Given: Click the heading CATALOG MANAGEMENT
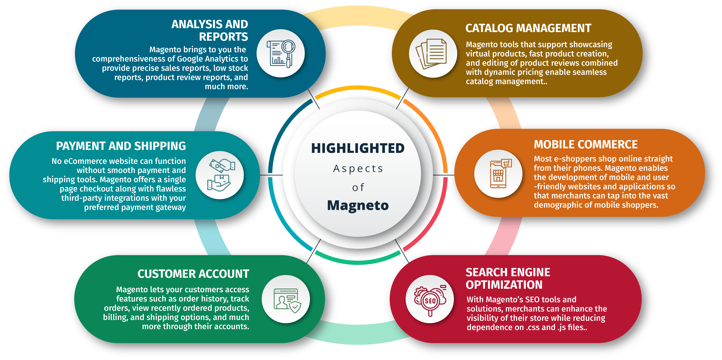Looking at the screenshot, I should (x=528, y=28).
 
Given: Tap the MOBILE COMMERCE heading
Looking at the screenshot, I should (x=586, y=145).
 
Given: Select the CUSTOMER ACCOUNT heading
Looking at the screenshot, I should (x=193, y=274).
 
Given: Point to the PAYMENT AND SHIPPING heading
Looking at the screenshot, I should (x=121, y=146).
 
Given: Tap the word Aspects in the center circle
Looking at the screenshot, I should (x=358, y=168).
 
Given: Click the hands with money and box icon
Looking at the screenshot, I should (x=220, y=175).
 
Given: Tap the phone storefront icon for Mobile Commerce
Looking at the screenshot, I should (x=499, y=174).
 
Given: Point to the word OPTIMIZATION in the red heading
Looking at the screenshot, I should (x=504, y=285).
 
